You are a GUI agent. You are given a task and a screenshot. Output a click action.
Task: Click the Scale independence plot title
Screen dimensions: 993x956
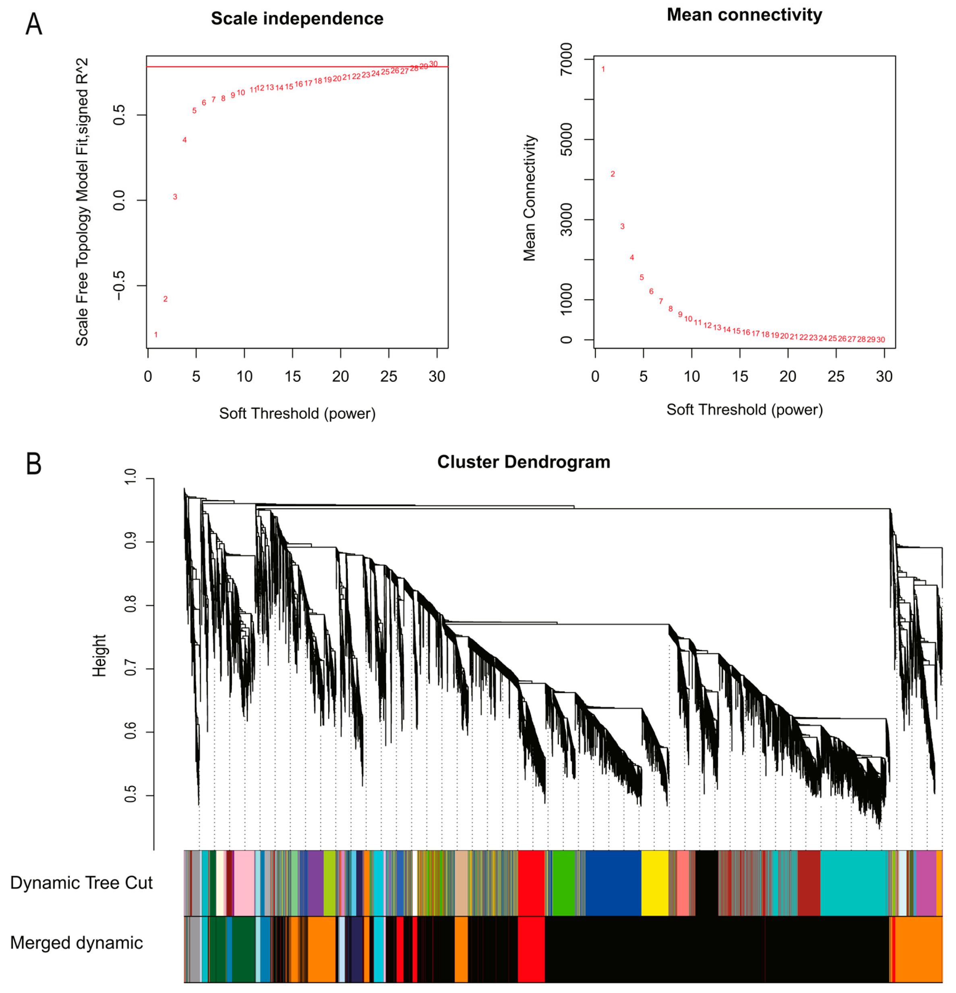coord(297,19)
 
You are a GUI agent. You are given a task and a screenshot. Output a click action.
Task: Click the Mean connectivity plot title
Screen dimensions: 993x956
coord(744,14)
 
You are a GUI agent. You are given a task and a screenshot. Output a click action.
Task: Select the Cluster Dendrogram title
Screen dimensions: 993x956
coord(524,461)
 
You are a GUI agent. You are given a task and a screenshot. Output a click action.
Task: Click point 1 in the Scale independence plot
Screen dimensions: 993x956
coord(156,334)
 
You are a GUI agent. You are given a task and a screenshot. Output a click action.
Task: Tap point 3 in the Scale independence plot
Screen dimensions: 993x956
coord(175,197)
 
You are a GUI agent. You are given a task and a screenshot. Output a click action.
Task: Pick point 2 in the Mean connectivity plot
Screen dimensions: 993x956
coord(613,174)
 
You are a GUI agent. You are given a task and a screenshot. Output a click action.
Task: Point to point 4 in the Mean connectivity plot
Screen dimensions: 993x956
coord(632,257)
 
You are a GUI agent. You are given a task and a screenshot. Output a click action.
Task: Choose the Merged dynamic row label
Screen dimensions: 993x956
coord(77,943)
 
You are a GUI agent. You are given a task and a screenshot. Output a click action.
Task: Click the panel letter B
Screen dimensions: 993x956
coord(33,463)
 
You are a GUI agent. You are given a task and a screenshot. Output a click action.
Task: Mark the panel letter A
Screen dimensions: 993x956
coord(33,24)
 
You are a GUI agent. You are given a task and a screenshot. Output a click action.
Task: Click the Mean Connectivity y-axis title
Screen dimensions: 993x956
coord(530,198)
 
